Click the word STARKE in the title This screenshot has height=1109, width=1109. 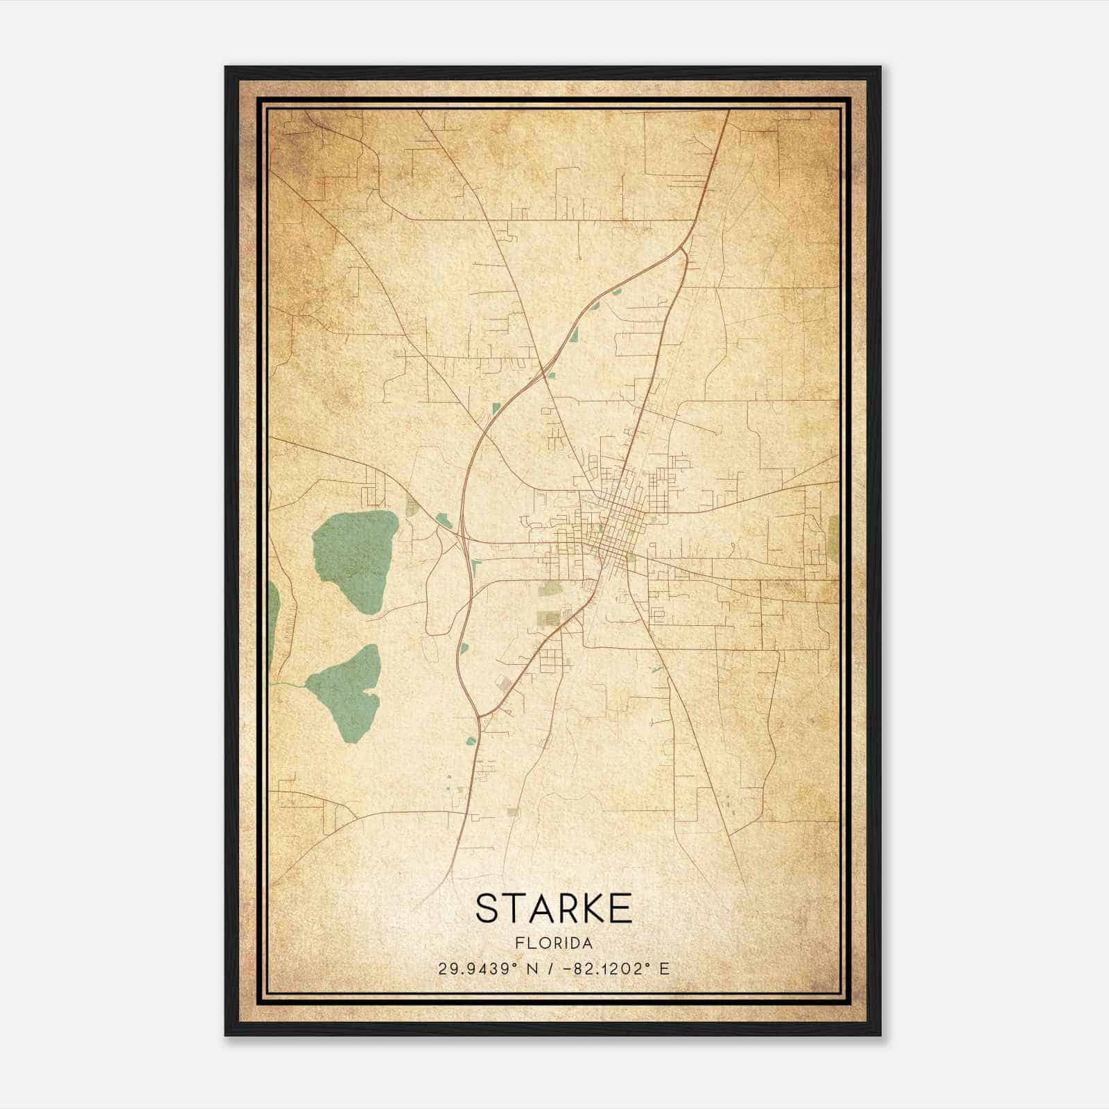pos(554,908)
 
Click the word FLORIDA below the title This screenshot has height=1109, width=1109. pos(554,943)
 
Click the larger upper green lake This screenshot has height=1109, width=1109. pos(355,559)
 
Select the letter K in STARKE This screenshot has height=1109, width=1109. pos(588,908)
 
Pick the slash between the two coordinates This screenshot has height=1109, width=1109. pos(550,969)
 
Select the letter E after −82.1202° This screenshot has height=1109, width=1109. pos(665,969)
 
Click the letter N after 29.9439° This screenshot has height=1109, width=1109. pos(532,969)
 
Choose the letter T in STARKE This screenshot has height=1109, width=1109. pos(512,908)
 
